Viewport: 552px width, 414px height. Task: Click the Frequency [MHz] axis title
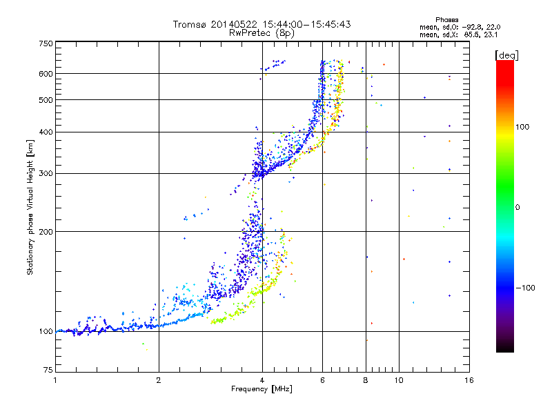click(262, 390)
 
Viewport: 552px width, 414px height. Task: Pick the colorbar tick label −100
click(527, 287)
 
